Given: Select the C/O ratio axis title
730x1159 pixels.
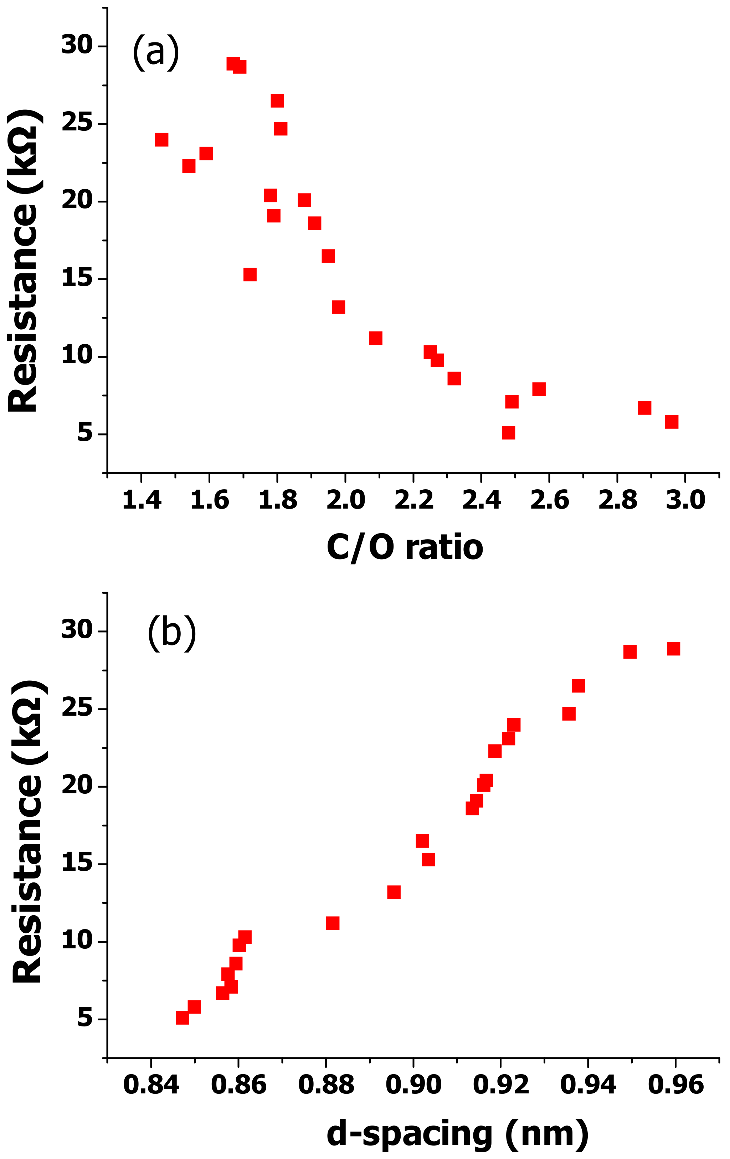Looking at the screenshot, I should pos(405,547).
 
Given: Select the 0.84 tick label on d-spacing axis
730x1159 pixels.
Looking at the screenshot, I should pos(151,1085).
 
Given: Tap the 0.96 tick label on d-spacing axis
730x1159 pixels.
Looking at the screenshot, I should pos(675,1085).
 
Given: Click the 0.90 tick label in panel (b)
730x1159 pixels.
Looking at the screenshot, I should pos(413,1085).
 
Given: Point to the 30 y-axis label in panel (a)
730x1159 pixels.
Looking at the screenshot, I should pos(77,45).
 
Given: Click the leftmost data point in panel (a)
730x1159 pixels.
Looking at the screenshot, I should pos(161,140).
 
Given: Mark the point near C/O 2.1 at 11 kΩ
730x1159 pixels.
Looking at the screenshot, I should pos(376,338).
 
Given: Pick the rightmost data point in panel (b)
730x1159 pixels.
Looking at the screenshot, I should pos(673,649).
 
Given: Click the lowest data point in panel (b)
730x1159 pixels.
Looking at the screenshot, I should pos(182,1018).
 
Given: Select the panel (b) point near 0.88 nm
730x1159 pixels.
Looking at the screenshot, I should pos(333,923).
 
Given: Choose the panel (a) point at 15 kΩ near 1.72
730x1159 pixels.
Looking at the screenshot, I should pos(250,274).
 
